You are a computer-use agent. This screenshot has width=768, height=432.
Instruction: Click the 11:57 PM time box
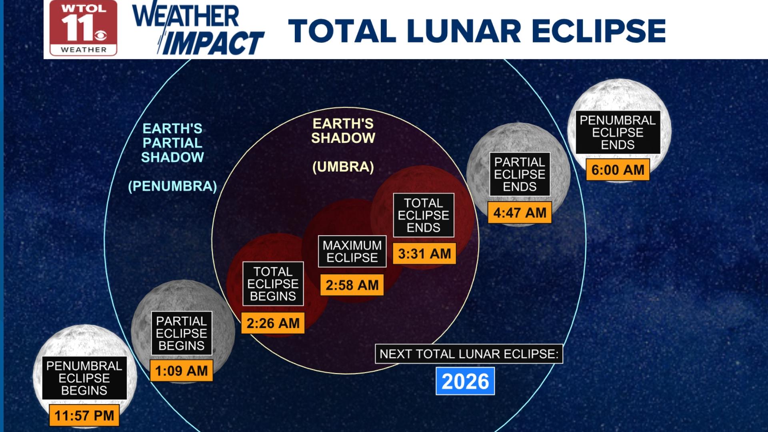click(84, 415)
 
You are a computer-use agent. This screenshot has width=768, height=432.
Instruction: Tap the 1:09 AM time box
click(181, 371)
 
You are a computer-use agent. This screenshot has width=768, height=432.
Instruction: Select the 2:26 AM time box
click(273, 323)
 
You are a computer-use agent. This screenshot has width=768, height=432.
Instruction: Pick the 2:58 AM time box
click(352, 285)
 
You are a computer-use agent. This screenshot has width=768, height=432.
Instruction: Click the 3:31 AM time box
click(424, 254)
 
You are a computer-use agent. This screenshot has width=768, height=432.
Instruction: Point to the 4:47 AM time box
click(520, 212)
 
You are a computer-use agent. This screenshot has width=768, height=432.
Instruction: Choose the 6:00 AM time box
click(618, 170)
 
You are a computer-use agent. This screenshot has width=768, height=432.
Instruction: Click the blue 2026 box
click(465, 381)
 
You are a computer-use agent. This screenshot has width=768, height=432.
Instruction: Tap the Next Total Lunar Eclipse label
click(469, 354)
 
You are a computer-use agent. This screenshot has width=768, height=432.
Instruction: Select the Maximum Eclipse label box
click(352, 251)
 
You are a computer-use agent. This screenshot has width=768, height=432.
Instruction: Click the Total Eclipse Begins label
click(273, 284)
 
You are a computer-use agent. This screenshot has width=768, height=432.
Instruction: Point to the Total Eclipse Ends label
click(424, 215)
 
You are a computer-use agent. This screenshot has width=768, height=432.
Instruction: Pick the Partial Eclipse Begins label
click(181, 333)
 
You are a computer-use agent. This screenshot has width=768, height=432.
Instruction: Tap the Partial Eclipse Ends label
click(520, 174)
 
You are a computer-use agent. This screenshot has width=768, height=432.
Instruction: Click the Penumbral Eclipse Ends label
click(618, 132)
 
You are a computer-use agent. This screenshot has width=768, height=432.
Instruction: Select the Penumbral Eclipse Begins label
click(84, 378)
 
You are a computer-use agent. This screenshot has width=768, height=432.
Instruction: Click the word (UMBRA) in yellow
click(343, 167)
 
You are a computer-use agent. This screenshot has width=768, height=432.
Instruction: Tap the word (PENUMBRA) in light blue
click(172, 186)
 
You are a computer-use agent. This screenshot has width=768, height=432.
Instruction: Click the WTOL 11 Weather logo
click(83, 28)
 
